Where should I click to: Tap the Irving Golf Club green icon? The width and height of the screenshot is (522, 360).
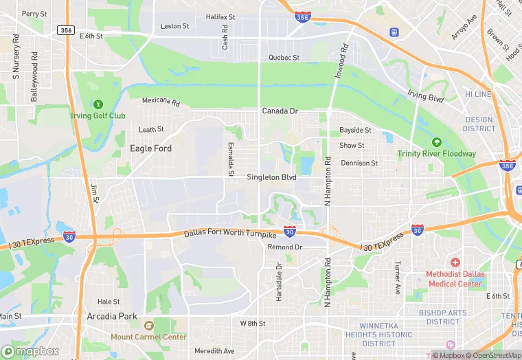tap(98, 105)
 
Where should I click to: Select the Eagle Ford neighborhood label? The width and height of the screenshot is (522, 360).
tap(151, 148)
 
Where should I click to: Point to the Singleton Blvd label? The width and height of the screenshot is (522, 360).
tap(271, 177)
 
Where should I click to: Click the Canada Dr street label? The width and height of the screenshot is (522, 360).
tap(280, 111)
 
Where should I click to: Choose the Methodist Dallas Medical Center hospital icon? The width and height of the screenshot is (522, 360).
tap(455, 263)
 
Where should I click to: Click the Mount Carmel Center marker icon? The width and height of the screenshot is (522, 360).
tap(148, 326)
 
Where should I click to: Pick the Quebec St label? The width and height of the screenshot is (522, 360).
tap(284, 58)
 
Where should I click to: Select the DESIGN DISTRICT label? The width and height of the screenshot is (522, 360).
tap(479, 124)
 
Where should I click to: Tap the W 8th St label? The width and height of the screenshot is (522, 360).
tap(253, 323)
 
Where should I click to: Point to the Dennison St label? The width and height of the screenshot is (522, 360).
tap(359, 164)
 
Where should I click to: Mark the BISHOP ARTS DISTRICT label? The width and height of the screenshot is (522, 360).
tap(442, 317)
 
